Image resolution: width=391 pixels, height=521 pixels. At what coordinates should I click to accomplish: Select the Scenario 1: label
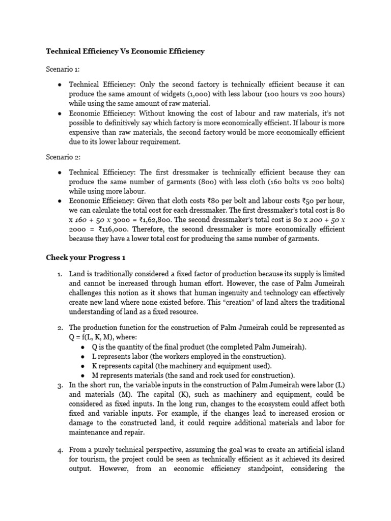click(63, 69)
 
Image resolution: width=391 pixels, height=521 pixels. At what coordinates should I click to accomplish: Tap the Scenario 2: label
click(63, 158)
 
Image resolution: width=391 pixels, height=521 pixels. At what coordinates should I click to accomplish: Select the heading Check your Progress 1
click(86, 257)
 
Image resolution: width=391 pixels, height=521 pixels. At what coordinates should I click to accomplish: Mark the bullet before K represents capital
click(83, 366)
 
